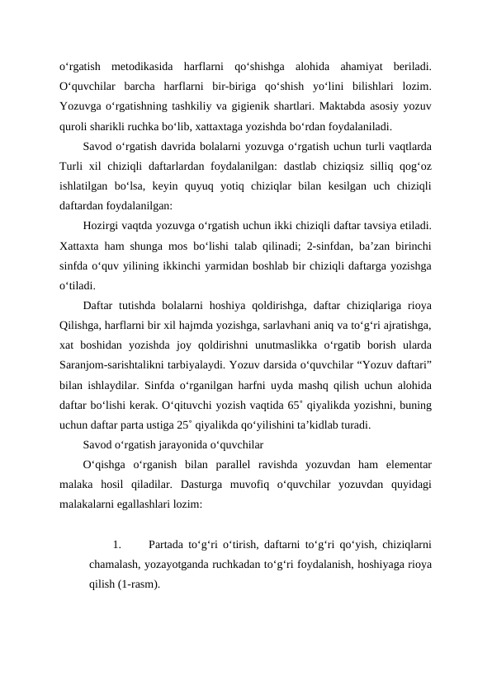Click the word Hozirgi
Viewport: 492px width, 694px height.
tap(103, 225)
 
